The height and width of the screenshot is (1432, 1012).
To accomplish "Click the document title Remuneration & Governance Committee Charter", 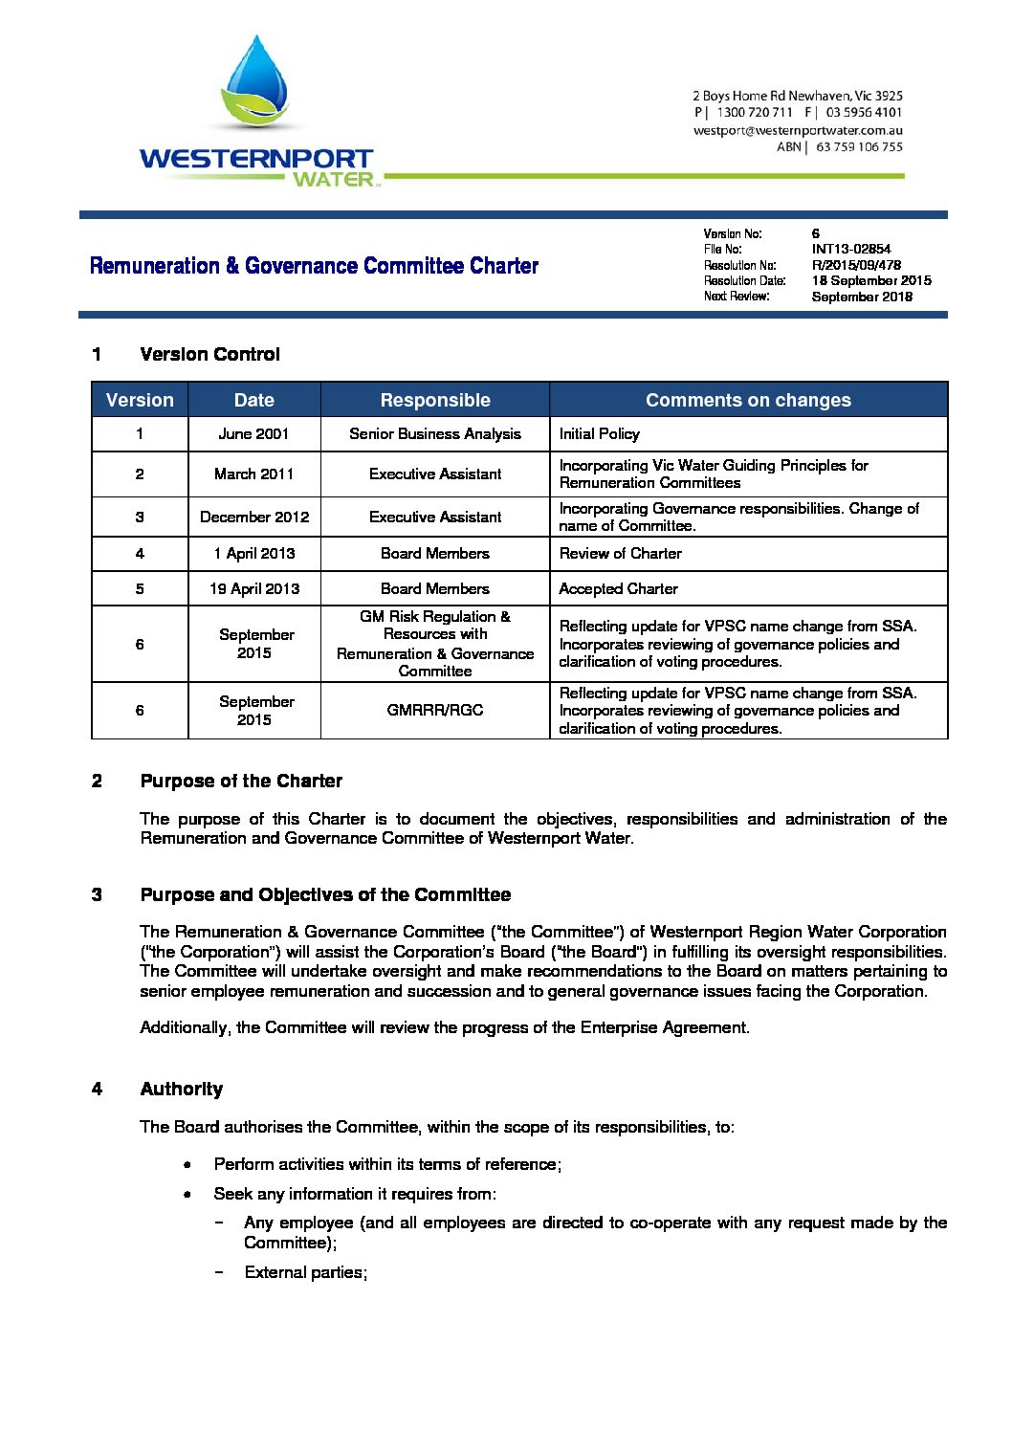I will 314,266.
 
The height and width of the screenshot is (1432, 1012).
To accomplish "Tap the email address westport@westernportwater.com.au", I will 798,130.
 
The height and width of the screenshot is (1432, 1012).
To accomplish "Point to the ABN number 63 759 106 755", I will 859,146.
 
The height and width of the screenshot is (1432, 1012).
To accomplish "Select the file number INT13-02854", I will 850,249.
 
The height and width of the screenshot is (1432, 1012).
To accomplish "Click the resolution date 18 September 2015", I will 870,280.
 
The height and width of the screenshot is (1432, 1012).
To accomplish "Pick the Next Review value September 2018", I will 861,297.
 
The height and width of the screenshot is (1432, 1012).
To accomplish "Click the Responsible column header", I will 435,400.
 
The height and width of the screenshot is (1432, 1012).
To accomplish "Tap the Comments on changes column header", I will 748,400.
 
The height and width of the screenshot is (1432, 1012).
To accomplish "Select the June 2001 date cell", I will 253,433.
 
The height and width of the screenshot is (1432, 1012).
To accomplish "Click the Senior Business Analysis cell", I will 435,433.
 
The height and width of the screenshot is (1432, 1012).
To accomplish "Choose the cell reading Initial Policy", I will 599,433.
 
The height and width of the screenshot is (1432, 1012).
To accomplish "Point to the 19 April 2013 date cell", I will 253,588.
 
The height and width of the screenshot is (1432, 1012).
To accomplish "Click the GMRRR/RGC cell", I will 435,710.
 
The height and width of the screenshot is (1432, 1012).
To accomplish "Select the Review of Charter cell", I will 620,553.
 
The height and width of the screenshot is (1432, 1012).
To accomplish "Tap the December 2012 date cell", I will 253,517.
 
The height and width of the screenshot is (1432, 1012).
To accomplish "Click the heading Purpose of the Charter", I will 241,781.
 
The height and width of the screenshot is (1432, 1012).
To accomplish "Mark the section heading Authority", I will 181,1089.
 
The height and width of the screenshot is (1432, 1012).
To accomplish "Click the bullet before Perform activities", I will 187,1164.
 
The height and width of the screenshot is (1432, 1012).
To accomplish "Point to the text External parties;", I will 305,1272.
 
